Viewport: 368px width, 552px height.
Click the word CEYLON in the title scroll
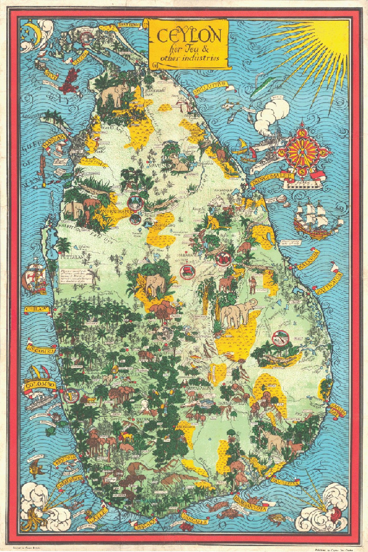tap(189, 36)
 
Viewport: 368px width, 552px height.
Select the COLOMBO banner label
tap(40, 385)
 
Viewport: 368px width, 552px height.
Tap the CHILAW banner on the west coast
tap(37, 309)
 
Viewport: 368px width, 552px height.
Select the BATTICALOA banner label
tap(329, 283)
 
